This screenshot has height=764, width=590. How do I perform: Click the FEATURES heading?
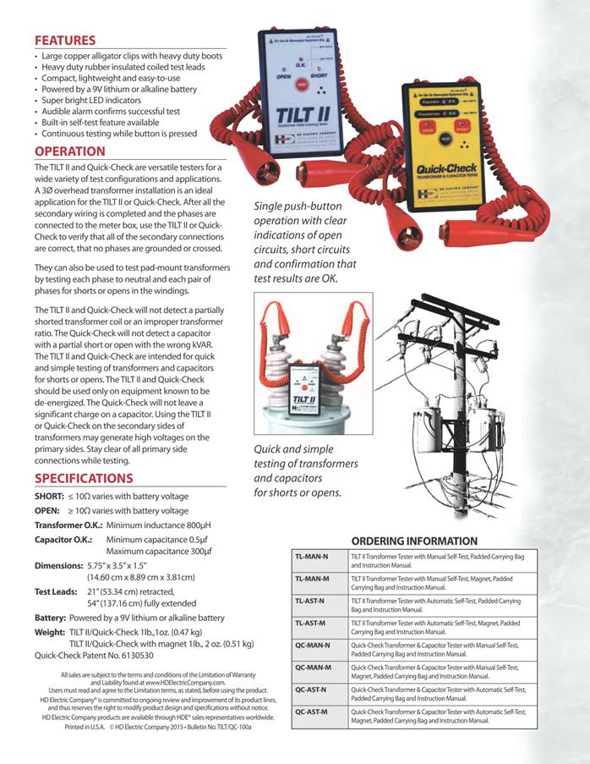coord(64,40)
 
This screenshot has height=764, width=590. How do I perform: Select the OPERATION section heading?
coord(69,151)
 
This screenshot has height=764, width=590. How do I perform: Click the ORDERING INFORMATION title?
coord(414,541)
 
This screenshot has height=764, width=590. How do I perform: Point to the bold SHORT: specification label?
coord(50,496)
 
